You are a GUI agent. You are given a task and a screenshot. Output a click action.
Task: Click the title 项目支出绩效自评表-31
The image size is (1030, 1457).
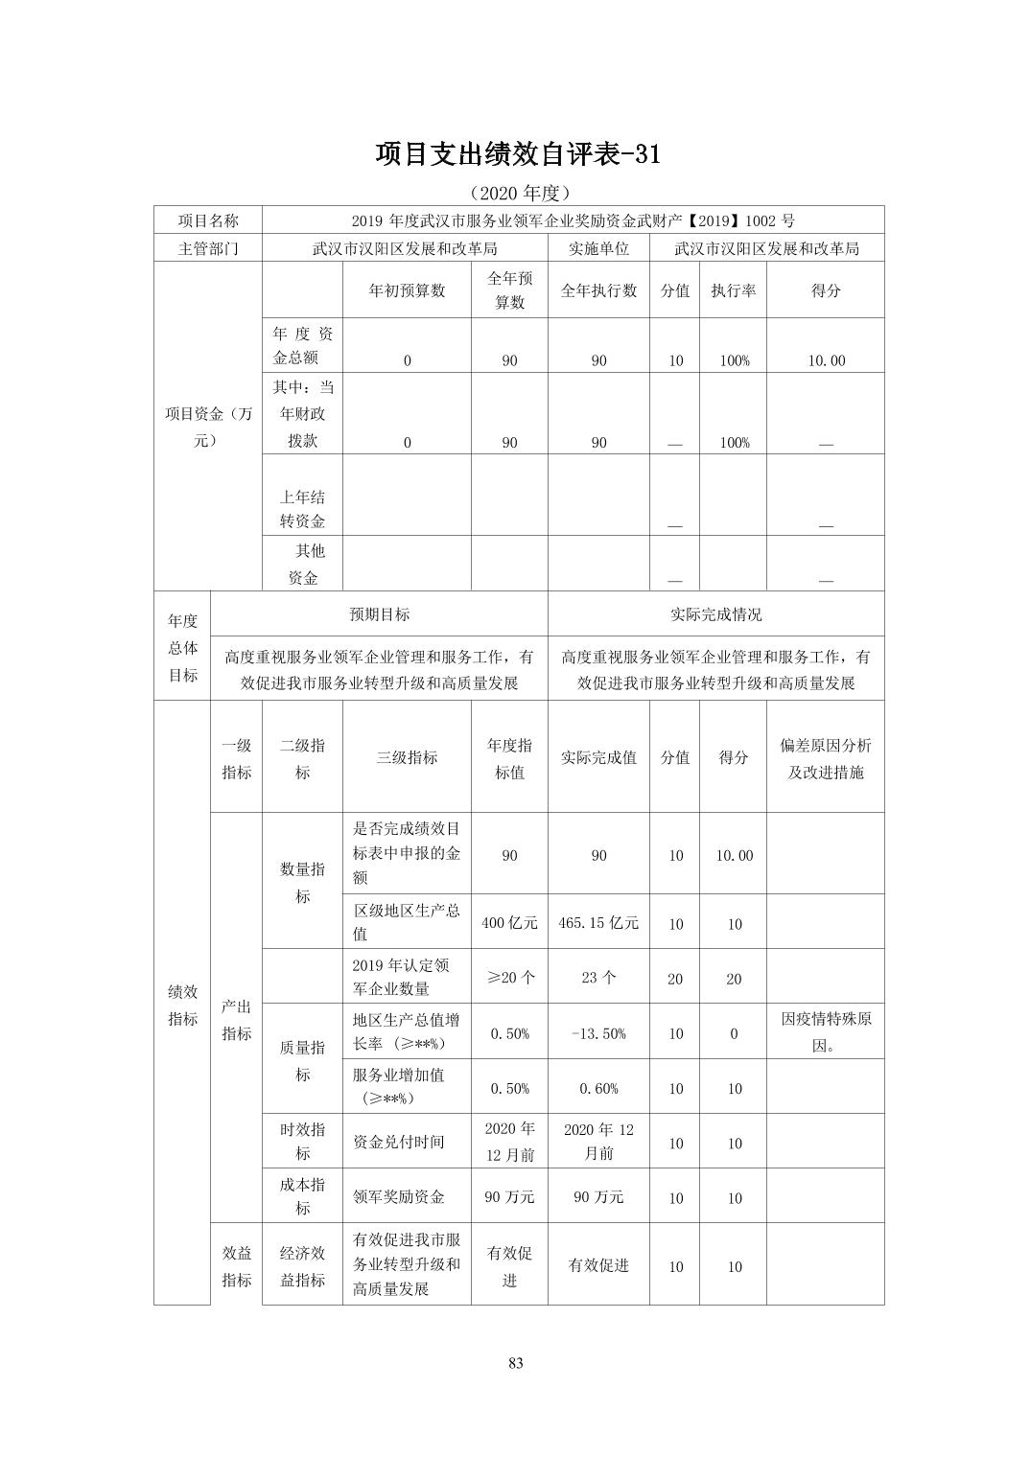[518, 154]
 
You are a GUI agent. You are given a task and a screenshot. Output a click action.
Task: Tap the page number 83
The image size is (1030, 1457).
[516, 1363]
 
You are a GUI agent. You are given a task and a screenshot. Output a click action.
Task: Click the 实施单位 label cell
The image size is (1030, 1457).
[598, 248]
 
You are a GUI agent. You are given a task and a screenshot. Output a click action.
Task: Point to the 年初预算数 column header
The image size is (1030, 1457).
[407, 290]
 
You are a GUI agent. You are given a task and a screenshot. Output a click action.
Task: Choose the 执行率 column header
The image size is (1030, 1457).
[733, 290]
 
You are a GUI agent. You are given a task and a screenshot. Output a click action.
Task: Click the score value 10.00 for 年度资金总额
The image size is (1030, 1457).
[825, 360]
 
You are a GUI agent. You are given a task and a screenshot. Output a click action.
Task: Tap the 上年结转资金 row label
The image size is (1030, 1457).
[302, 509]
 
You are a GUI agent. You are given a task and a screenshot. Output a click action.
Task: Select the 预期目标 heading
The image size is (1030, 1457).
[379, 614]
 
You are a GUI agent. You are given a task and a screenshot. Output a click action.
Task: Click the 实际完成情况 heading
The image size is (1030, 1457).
[715, 614]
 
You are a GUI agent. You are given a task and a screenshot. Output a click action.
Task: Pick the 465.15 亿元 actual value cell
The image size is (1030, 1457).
[598, 922]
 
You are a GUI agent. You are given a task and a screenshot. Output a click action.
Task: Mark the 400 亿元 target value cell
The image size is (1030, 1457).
[509, 922]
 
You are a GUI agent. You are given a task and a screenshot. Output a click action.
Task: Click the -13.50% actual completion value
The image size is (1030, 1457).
[598, 1033]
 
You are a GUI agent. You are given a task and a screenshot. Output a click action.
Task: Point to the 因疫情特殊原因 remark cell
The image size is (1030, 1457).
[825, 1031]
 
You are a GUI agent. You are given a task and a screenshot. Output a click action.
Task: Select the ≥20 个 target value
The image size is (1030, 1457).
[509, 978]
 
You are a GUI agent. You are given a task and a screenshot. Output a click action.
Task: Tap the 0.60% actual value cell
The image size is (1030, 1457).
[598, 1088]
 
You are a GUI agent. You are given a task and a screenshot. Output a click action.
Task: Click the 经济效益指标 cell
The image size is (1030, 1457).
[302, 1265]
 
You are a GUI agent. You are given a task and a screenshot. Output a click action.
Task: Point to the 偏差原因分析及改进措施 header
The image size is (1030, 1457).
[825, 758]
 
